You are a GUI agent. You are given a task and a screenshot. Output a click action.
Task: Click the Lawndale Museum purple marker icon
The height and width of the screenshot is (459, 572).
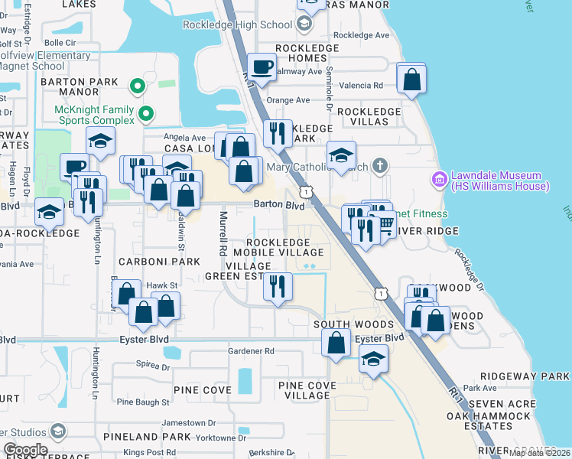coord(440,181)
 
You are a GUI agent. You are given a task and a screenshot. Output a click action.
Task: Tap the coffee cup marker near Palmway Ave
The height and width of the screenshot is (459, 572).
coord(262,68)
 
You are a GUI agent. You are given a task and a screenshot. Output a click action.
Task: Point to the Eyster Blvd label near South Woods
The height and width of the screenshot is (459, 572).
coord(379,338)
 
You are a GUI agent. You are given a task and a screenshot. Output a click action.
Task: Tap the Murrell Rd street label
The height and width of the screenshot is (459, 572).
coord(223,233)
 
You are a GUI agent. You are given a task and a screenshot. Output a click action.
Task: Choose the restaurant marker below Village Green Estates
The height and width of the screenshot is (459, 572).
coord(278,286)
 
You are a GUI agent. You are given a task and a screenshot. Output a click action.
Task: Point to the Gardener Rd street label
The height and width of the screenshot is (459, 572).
coord(251,351)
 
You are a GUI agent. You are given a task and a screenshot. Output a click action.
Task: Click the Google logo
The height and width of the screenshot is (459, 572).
coord(24,450)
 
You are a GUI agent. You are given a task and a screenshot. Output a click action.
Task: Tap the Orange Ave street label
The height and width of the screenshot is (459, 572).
coord(288,100)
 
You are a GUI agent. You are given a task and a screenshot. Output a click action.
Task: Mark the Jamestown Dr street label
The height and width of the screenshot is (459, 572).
coord(178,422)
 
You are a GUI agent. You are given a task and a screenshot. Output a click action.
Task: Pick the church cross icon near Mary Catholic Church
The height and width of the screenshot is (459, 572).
coord(380,166)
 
